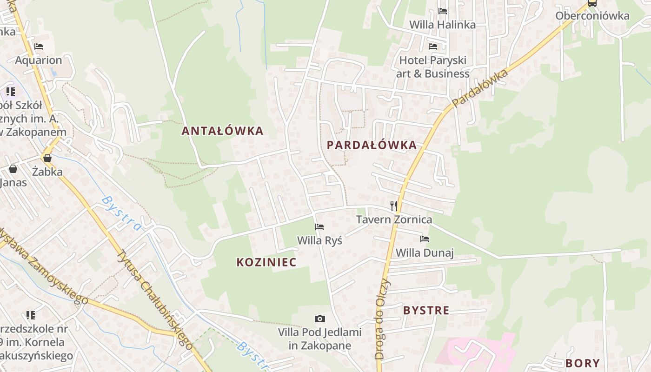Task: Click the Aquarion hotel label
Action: point(38,60)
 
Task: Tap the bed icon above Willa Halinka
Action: point(443,11)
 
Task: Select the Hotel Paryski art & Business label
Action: point(432,66)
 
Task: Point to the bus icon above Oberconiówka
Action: point(592,3)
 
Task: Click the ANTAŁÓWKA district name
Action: point(222,131)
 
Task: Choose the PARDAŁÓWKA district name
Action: point(372,145)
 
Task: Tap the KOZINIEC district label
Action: point(266,262)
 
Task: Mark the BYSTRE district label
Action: point(426,311)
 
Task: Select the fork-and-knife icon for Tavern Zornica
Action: point(394,206)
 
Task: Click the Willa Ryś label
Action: point(319,240)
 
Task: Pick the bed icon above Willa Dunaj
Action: point(424,239)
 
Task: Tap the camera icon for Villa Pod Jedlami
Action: point(319,319)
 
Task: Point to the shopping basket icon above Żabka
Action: point(47,158)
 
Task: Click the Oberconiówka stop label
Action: point(592,16)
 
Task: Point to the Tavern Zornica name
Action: point(394,219)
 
